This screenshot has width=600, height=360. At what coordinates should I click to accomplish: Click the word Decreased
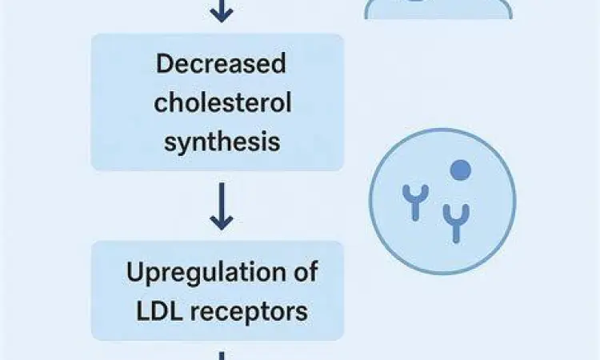pyautogui.click(x=220, y=65)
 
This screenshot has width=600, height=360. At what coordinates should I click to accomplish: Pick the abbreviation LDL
pyautogui.click(x=154, y=310)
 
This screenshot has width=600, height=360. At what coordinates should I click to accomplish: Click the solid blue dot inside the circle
pyautogui.click(x=459, y=170)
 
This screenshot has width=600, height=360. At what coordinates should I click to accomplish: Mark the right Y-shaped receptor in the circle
pyautogui.click(x=456, y=221)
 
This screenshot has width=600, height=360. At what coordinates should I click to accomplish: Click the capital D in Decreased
pyautogui.click(x=165, y=65)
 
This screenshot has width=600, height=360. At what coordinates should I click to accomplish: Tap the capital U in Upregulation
pyautogui.click(x=135, y=272)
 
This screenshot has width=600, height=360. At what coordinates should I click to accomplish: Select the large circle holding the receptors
pyautogui.click(x=442, y=199)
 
